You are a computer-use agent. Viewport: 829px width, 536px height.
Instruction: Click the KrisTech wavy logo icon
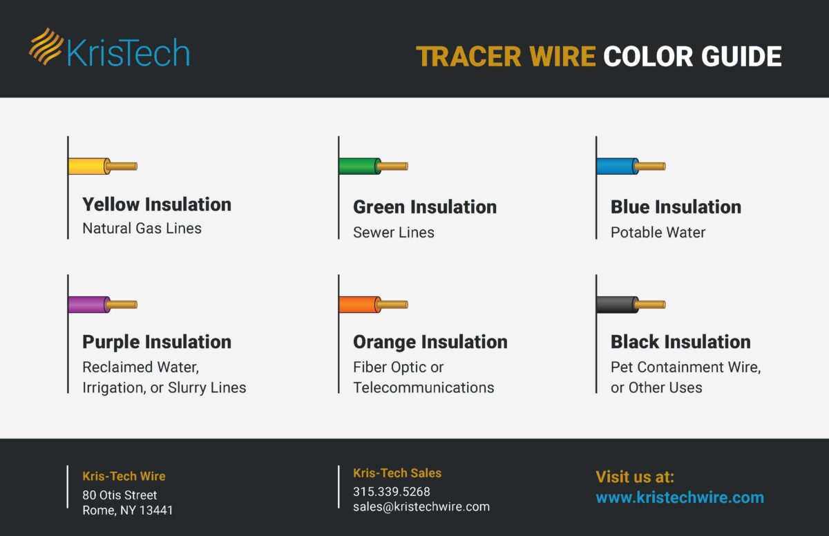(46, 47)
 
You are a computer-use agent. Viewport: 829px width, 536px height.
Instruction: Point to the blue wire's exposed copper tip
(650, 166)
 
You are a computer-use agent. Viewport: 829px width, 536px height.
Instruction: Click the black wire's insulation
(617, 305)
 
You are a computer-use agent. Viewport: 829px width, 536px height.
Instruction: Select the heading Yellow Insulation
(157, 204)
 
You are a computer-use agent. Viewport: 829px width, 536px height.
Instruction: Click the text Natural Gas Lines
(142, 228)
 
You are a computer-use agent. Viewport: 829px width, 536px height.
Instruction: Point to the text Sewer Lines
(393, 232)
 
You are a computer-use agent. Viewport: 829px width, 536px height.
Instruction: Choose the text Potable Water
(658, 232)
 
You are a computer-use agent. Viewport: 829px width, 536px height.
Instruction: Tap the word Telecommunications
(423, 387)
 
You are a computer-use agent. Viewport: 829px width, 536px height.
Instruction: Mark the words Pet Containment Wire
(685, 367)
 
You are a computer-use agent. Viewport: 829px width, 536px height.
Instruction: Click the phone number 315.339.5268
(391, 492)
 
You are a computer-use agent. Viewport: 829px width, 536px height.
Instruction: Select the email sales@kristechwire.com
(421, 507)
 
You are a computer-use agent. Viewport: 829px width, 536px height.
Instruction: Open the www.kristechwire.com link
(679, 497)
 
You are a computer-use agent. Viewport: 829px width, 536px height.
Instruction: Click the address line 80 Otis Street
(120, 495)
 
